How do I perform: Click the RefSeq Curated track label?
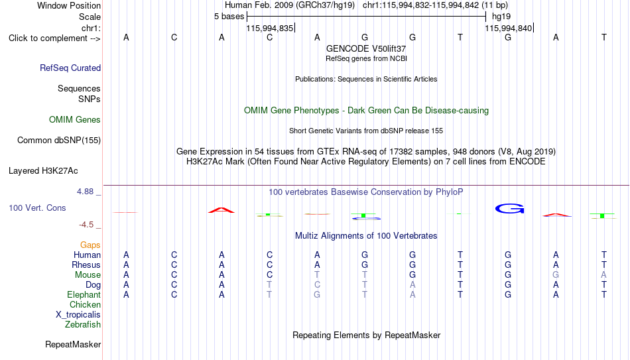click(70, 68)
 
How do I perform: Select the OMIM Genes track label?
click(75, 120)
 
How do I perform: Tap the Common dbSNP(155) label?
click(59, 141)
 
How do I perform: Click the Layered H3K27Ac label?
click(43, 171)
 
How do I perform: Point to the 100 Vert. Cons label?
click(37, 208)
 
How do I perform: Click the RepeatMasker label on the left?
click(73, 344)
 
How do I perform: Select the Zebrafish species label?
click(83, 324)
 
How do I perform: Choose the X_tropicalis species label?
click(78, 315)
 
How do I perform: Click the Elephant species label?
click(84, 295)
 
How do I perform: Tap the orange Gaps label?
click(90, 245)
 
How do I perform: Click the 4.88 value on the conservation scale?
click(85, 192)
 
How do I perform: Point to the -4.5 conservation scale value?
click(86, 225)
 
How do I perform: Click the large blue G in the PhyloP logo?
click(510, 209)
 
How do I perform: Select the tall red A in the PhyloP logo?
click(221, 210)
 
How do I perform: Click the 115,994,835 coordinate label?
click(270, 28)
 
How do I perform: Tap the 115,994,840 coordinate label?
click(508, 28)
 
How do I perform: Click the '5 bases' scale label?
click(229, 17)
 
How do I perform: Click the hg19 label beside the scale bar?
click(501, 17)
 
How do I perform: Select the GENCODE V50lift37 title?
click(366, 48)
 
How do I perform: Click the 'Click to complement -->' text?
click(54, 38)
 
